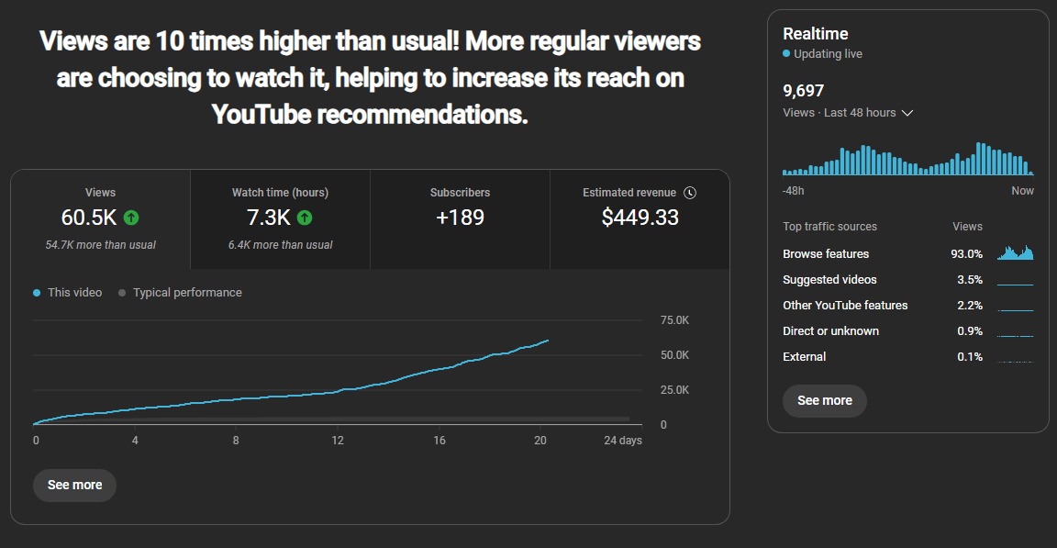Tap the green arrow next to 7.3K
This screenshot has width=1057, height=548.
(x=305, y=218)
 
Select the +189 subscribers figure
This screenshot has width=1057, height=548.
(x=460, y=218)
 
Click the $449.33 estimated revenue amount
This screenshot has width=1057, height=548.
(x=640, y=218)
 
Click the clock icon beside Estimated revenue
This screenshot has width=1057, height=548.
(x=691, y=193)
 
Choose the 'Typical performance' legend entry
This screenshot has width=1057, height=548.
(x=187, y=293)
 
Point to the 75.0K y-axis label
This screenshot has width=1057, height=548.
(x=674, y=320)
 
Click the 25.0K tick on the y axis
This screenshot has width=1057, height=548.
(x=674, y=390)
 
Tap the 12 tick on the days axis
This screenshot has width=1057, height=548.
(x=338, y=441)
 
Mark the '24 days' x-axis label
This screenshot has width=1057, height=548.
(x=622, y=441)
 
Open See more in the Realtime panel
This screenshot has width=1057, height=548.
(x=824, y=400)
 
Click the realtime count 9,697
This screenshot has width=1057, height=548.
(x=803, y=91)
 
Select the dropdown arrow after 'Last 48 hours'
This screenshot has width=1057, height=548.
(x=907, y=113)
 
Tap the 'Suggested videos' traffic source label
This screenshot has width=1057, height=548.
(x=829, y=280)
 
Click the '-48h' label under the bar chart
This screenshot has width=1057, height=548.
(x=793, y=191)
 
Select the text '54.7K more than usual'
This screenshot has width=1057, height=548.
(x=100, y=245)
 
